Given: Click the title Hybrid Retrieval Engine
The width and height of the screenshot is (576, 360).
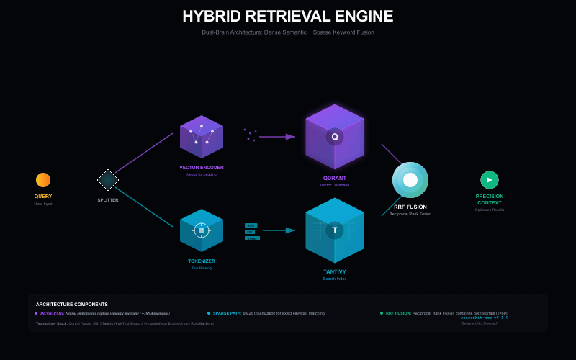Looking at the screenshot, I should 288,17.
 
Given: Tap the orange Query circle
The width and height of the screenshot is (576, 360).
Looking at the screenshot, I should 43,180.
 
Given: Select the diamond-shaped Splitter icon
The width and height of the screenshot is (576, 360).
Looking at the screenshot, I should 108,180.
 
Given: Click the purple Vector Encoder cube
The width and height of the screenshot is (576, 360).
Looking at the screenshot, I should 202,137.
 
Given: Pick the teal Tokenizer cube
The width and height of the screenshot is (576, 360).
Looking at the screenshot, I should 202,230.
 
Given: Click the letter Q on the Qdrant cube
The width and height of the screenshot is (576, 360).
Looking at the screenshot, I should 335,136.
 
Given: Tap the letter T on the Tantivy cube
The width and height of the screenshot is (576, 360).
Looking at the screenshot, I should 335,230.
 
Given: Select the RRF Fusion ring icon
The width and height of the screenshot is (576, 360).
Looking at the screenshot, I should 410,180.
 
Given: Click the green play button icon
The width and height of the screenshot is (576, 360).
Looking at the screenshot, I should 490,180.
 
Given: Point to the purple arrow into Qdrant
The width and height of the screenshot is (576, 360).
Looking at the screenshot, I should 277,136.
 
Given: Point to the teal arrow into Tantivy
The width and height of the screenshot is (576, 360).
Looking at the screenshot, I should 279,230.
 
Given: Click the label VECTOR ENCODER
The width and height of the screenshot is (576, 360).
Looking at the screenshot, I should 202,167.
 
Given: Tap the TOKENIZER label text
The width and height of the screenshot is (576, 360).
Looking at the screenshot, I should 202,261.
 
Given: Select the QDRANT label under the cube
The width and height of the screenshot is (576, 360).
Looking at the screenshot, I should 335,178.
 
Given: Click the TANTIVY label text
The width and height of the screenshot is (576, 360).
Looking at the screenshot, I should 335,271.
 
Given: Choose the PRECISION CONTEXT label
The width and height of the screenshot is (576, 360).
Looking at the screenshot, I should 490,199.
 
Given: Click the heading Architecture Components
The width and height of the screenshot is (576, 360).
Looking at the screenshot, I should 72,304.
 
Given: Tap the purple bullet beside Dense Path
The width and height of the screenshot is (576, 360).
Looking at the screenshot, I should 36,313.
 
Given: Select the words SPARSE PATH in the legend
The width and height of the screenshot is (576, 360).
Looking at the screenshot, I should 227,313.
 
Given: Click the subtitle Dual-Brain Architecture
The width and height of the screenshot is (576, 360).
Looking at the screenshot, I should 288,32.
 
